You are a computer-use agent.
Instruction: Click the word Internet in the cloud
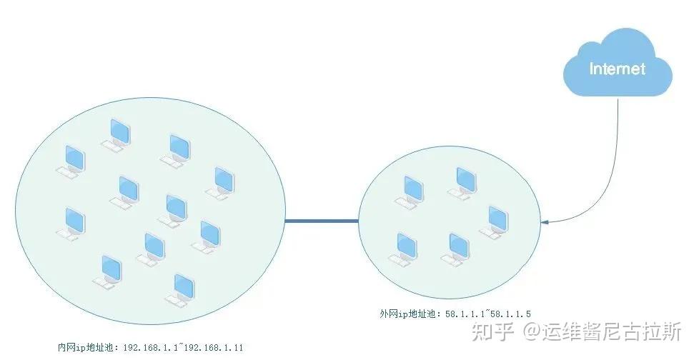617,69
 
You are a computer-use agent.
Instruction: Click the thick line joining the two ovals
322,221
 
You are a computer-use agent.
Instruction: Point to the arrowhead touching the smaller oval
545,223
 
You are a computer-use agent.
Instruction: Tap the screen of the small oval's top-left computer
412,188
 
